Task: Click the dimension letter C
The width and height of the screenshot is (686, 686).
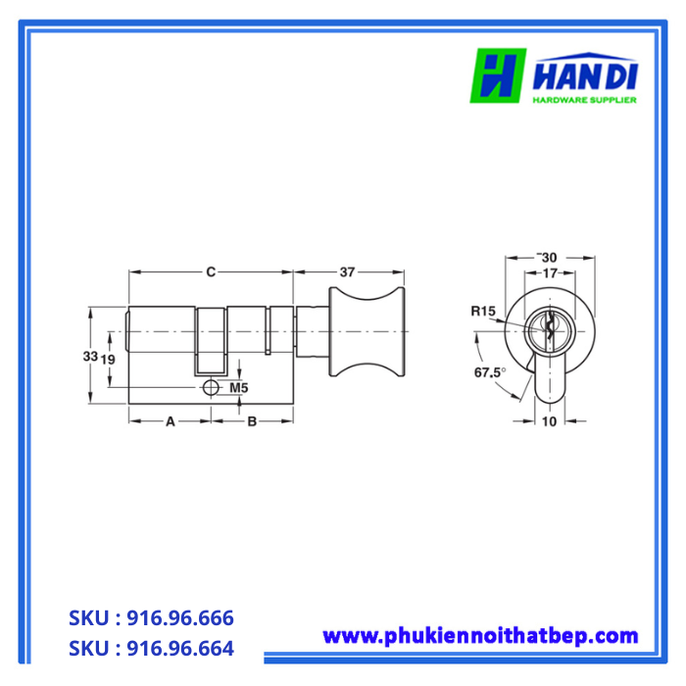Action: point(210,272)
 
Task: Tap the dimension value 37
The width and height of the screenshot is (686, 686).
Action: point(347,272)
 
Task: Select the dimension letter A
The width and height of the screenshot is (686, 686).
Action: point(170,421)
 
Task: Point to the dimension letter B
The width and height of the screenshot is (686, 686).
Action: point(252,421)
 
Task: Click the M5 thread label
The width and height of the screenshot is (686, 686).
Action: point(238,389)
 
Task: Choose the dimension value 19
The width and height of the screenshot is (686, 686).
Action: point(110,359)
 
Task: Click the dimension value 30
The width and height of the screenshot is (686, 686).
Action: point(550,257)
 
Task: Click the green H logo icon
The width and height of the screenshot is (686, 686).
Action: point(498,74)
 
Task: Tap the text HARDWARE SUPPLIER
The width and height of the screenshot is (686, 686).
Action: point(585,99)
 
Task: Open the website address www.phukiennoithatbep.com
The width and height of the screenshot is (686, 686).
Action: point(480,636)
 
